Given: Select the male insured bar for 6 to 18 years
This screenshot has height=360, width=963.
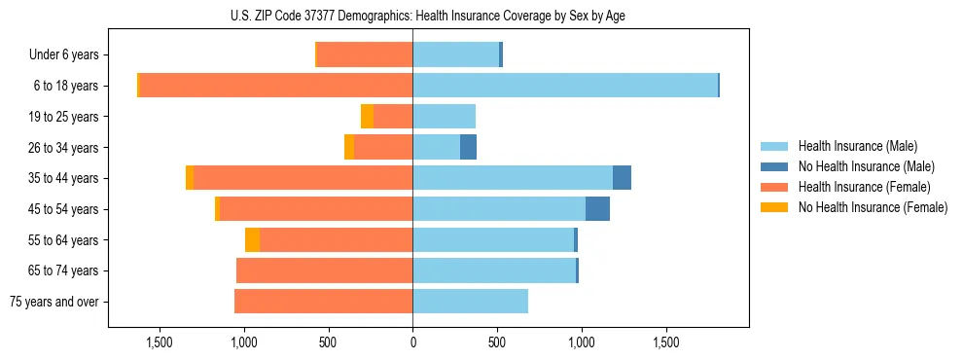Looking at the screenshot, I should click(x=564, y=86).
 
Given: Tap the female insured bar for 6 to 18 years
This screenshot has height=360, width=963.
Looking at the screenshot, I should click(x=276, y=86).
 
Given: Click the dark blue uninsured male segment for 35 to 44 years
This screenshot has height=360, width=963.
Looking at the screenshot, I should click(x=622, y=178).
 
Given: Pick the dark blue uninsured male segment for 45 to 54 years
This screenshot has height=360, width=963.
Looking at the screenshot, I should click(x=597, y=209).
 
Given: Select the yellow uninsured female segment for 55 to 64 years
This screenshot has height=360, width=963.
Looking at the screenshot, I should click(x=252, y=240).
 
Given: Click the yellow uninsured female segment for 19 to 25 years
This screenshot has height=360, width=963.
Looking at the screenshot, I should click(x=367, y=117).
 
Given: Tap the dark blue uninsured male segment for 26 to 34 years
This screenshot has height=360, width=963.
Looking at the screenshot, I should click(x=468, y=148).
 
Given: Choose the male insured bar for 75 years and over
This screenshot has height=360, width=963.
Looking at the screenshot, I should click(x=470, y=302).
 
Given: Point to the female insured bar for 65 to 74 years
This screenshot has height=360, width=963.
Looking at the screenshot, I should click(x=325, y=270).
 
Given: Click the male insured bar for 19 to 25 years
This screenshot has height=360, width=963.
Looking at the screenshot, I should click(x=444, y=117).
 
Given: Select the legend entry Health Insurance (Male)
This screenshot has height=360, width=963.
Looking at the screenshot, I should click(x=857, y=146).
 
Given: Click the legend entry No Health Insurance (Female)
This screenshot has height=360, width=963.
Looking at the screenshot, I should click(x=873, y=207).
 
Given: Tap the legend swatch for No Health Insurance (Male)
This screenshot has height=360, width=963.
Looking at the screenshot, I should click(x=774, y=166).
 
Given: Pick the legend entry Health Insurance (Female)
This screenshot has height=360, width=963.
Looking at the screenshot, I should click(x=864, y=187).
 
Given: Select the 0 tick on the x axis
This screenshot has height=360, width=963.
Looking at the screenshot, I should click(x=412, y=342).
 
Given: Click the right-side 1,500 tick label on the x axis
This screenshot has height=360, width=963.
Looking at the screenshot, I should click(x=666, y=342).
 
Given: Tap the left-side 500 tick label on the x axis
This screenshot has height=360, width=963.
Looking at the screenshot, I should click(x=328, y=342).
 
